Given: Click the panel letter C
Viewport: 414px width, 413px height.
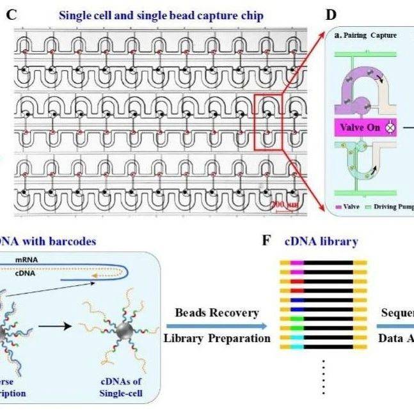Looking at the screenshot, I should tap(11, 14).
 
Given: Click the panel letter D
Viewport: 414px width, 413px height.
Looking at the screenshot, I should tap(331, 14).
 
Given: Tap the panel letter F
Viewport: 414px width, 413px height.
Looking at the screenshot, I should tap(267, 242).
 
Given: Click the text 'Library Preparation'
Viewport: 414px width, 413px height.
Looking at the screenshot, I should tap(217, 338).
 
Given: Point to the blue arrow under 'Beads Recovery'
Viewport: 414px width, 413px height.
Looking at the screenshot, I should tap(217, 325).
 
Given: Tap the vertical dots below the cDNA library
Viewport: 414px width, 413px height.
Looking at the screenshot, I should tap(324, 377).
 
